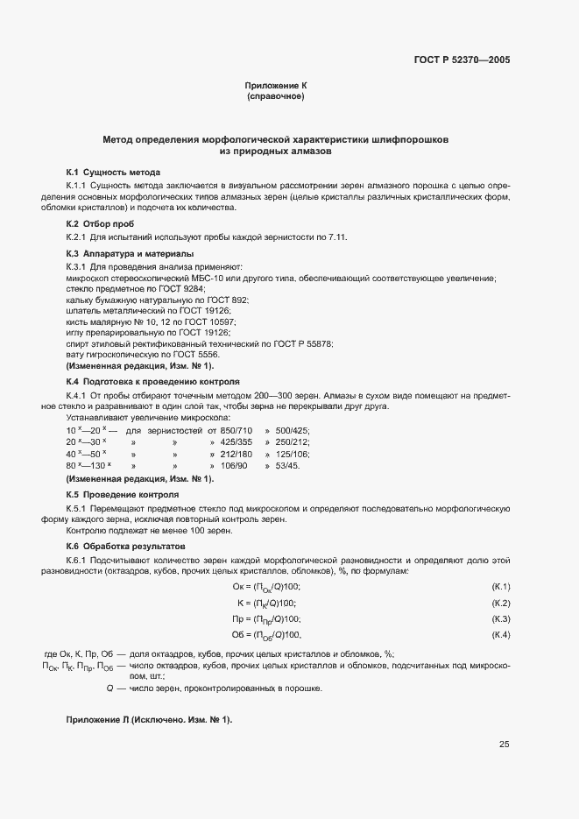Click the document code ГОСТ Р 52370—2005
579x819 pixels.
462,60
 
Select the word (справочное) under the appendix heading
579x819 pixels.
276,96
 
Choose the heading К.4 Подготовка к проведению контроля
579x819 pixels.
152,382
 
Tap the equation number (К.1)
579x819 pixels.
501,586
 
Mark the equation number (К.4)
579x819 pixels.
501,634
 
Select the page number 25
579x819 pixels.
504,745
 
